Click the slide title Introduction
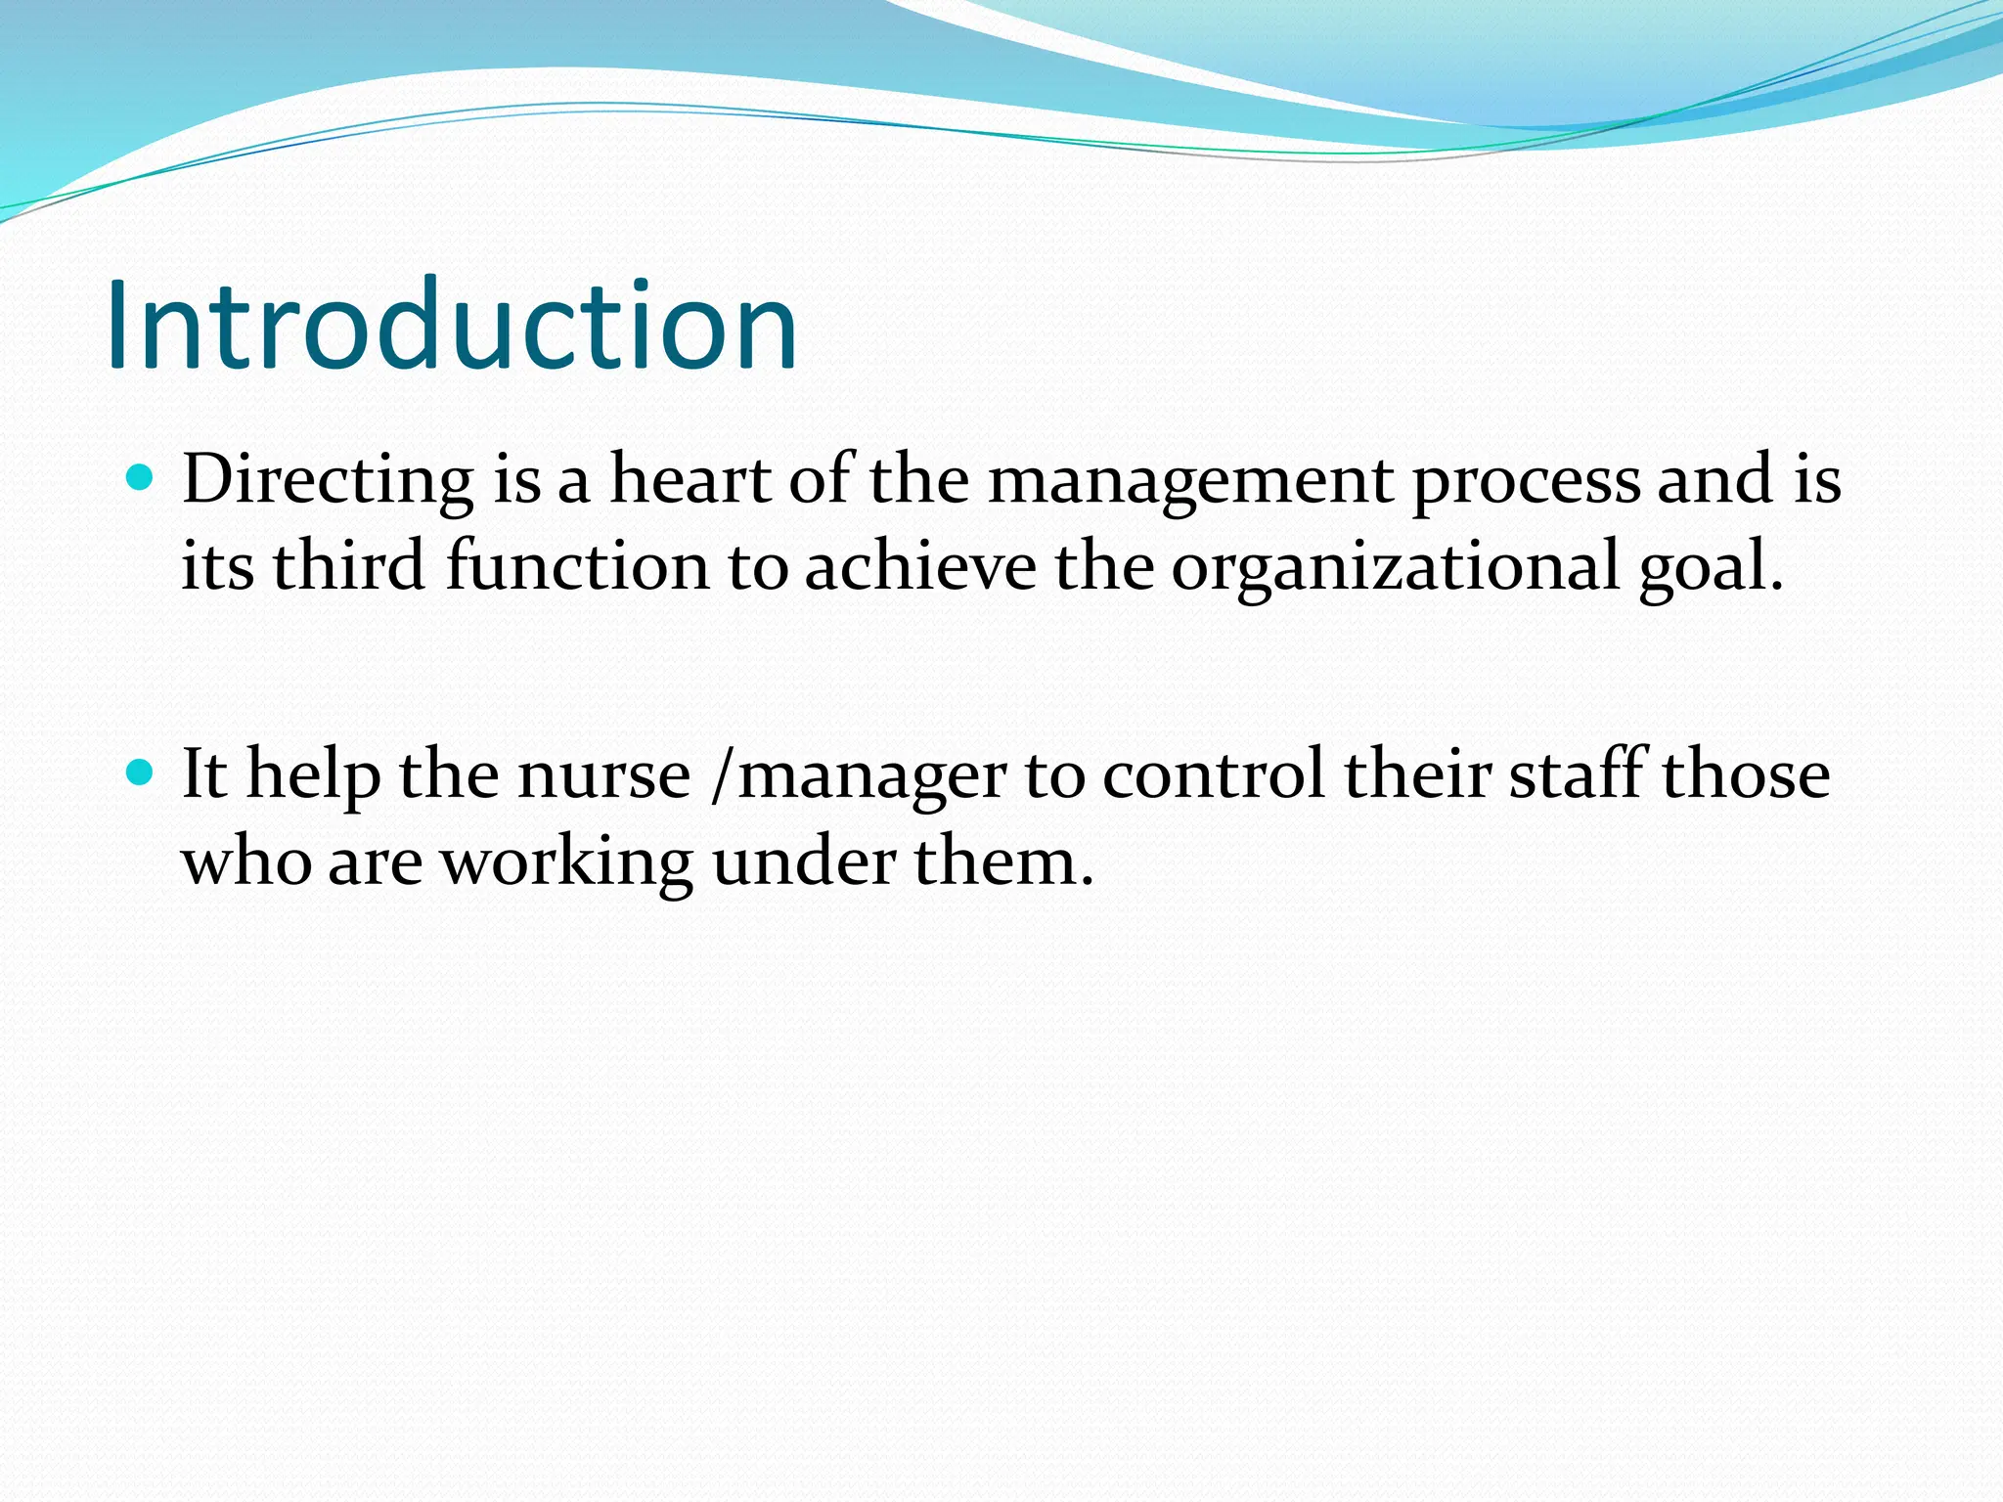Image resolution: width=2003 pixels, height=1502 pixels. click(x=452, y=326)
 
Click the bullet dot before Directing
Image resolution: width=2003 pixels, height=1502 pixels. click(x=141, y=478)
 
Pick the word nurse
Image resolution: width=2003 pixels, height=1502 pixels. click(x=603, y=775)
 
